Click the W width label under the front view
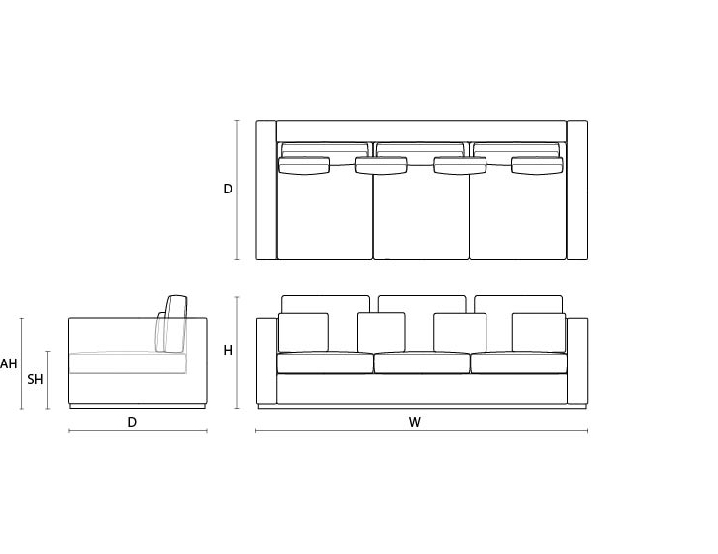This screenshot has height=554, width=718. (415, 423)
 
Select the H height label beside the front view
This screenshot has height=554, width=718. (228, 350)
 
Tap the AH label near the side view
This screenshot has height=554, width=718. (8, 364)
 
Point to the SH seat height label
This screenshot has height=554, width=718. (35, 379)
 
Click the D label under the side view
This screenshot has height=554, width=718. (132, 423)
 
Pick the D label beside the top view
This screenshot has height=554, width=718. (228, 189)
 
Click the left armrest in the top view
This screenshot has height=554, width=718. (266, 190)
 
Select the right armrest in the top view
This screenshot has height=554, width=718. (577, 190)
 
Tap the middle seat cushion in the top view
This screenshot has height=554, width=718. (421, 215)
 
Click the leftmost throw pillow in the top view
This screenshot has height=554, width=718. (304, 165)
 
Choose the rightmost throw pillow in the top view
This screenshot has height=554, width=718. (537, 165)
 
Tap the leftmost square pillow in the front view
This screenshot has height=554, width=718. (304, 332)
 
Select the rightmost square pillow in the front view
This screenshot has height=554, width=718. (538, 332)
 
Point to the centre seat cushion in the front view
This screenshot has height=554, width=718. (422, 363)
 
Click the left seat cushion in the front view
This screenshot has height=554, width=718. (325, 363)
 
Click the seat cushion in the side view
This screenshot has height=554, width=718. (127, 363)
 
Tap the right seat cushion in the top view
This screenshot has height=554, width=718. (517, 215)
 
